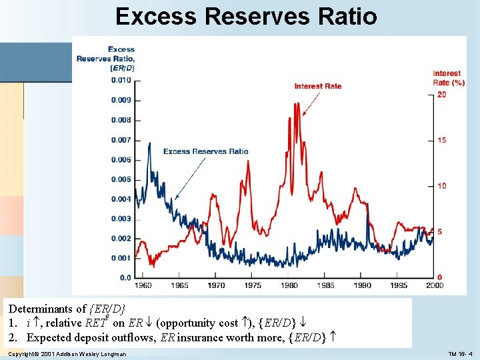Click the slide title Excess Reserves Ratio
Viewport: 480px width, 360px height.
[246, 16]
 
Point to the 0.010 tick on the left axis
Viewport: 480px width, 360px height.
[121, 81]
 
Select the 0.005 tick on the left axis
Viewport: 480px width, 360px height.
[121, 179]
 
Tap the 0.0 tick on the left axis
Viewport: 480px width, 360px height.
[125, 277]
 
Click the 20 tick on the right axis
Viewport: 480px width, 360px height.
[441, 95]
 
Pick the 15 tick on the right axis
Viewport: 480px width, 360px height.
[441, 140]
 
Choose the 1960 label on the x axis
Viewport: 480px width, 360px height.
[143, 285]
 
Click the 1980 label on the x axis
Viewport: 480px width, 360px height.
[289, 285]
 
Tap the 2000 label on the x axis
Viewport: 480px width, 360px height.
[434, 285]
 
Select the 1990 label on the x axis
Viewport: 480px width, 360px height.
[361, 285]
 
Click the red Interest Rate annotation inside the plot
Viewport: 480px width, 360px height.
[318, 86]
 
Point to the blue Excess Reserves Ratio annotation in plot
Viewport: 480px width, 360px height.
[205, 151]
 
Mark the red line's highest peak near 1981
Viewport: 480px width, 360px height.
[296, 103]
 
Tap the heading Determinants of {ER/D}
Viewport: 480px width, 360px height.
[67, 309]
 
